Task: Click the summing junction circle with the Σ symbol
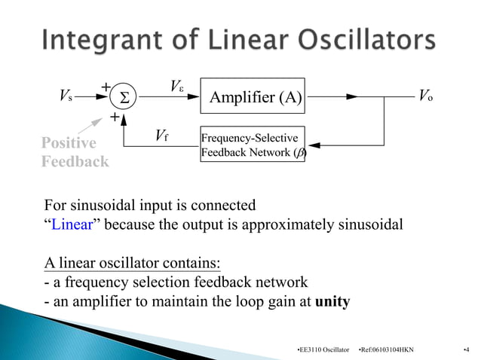click(x=124, y=97)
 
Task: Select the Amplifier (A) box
click(x=255, y=96)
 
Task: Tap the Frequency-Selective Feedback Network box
click(x=253, y=144)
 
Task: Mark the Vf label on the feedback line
click(x=161, y=136)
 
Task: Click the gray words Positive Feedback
click(x=74, y=152)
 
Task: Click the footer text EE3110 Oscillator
click(x=324, y=350)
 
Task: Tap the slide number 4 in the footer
click(x=466, y=350)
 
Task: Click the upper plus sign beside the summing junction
click(x=106, y=87)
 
